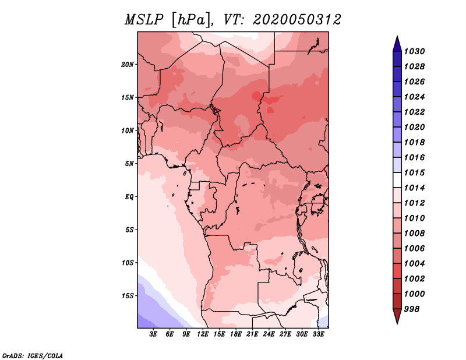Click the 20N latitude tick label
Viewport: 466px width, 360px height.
point(128,65)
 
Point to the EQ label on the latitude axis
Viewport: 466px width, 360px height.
point(129,197)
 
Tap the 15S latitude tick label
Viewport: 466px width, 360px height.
point(128,296)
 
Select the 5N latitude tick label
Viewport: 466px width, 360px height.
point(129,164)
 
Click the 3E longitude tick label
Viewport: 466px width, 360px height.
point(153,334)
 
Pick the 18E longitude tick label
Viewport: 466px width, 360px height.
point(235,334)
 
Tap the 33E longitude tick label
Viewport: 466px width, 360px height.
point(318,334)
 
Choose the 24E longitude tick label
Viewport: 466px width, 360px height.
point(269,334)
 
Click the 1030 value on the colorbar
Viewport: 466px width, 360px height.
point(414,51)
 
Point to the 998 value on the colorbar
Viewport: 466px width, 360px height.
point(412,309)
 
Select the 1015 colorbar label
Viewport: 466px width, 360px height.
point(414,172)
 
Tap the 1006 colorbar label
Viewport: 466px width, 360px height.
point(414,249)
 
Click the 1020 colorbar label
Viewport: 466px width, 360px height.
point(414,127)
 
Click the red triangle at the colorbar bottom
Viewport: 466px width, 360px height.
point(397,315)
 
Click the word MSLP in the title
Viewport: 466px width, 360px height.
point(144,20)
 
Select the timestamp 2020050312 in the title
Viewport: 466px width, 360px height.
point(296,20)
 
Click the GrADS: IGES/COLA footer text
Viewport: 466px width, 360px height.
point(33,356)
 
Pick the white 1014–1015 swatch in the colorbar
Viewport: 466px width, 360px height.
point(397,180)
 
